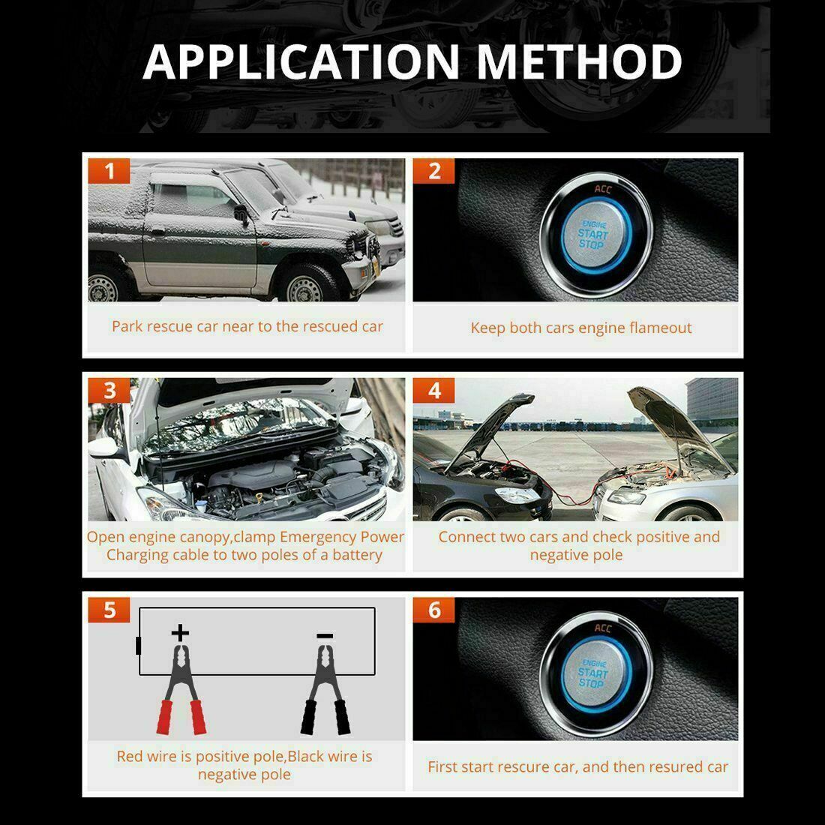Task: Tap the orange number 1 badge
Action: click(x=109, y=171)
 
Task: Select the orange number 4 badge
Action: click(x=434, y=391)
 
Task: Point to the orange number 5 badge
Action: click(x=109, y=610)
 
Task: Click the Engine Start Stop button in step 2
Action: click(x=593, y=235)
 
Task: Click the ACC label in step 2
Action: click(x=603, y=190)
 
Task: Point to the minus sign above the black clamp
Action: click(x=325, y=636)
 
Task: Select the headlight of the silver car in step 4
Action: click(x=626, y=496)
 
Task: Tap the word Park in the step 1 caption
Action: click(x=127, y=326)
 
